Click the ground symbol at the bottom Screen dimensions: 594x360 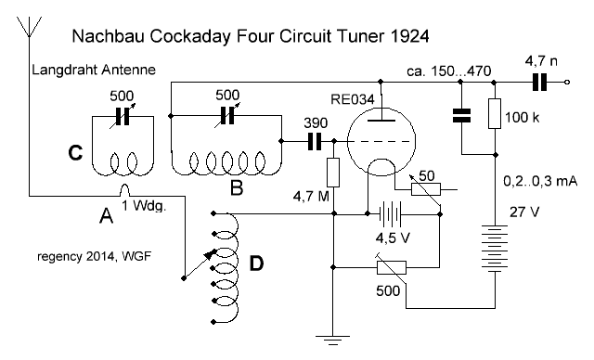pos(332,341)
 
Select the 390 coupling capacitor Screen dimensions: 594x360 pos(315,141)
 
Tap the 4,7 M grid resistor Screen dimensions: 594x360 pos(333,173)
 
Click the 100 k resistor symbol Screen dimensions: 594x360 pos(495,113)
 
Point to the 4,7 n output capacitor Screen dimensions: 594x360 pos(540,83)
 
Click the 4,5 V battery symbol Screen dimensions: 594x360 pos(390,214)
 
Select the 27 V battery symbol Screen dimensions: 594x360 pos(495,249)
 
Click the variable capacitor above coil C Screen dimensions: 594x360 pos(122,116)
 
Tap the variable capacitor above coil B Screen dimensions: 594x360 pos(227,115)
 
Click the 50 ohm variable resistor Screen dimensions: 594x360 pos(426,188)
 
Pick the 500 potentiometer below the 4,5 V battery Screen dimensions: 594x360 pos(392,267)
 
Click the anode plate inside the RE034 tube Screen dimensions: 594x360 pos(381,121)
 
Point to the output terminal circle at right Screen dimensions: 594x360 pos(567,83)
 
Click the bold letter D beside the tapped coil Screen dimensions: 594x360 pos(256,264)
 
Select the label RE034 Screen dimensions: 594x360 pos(353,99)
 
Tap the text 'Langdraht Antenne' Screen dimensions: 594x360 pos(94,70)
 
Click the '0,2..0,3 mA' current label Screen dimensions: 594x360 pos(540,181)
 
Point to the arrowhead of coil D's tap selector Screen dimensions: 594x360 pos(211,254)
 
